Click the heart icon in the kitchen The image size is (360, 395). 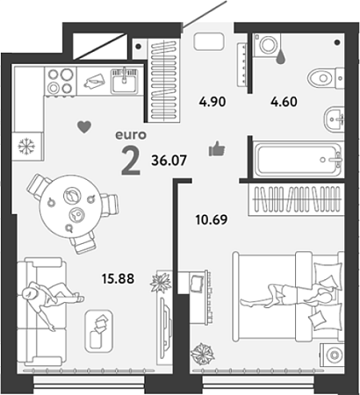[x=84, y=127]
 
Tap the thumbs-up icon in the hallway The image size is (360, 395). [x=217, y=148]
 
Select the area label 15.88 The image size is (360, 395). [x=118, y=278]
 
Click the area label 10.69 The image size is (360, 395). [x=212, y=219]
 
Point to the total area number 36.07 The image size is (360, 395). [x=169, y=161]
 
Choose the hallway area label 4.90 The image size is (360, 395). [x=212, y=102]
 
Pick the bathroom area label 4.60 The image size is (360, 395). [x=284, y=102]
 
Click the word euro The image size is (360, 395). [x=131, y=135]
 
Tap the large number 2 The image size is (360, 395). [x=131, y=161]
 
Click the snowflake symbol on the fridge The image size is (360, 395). [x=26, y=146]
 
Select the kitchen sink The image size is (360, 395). [x=124, y=82]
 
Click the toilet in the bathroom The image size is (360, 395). [x=326, y=78]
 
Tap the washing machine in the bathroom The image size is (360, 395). [x=267, y=45]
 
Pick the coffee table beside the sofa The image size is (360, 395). [x=98, y=331]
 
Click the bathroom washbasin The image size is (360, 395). [x=334, y=119]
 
